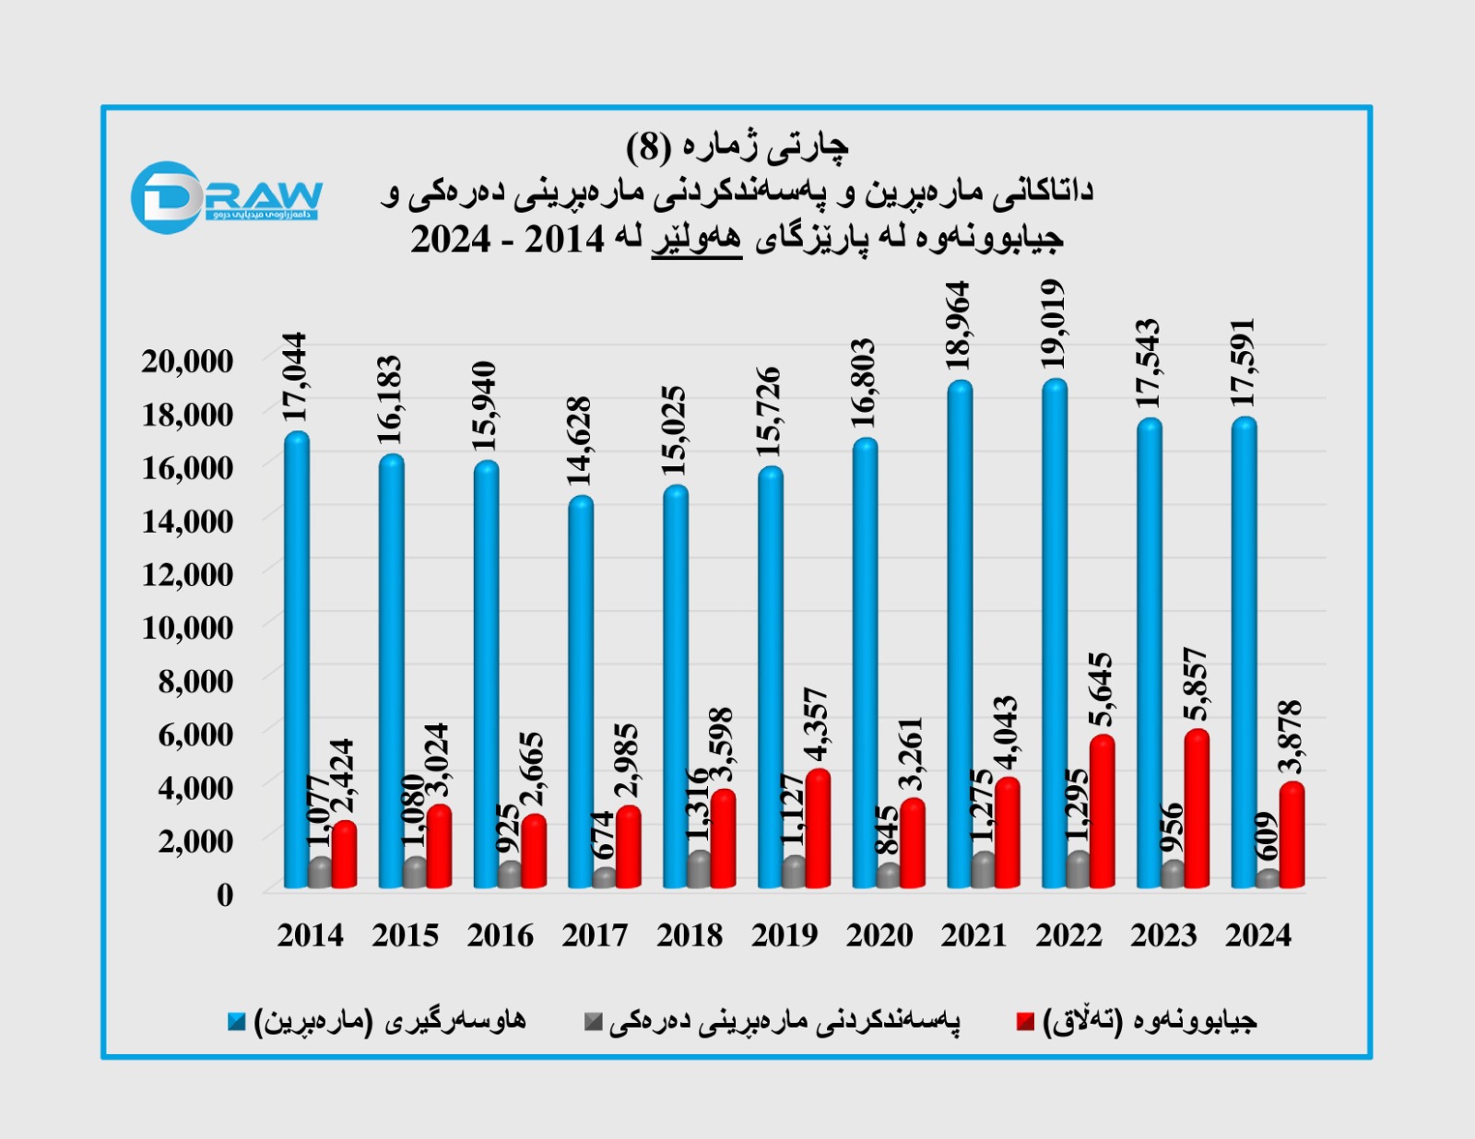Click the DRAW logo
226,197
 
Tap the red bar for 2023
1197,811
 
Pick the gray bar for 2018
700,870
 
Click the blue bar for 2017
580,691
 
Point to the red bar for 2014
344,855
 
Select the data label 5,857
1196,684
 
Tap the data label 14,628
579,441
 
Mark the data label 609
1267,837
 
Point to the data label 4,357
817,724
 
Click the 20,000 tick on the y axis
187,361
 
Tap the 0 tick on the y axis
225,894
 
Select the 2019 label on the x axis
785,935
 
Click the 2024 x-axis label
1258,935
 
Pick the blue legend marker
237,1021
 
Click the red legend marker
1025,1021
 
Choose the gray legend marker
594,1021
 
